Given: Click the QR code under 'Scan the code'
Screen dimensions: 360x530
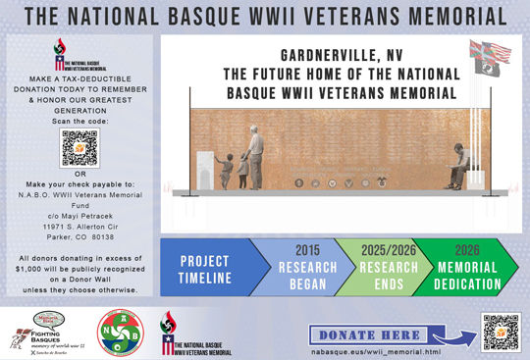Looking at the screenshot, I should click(79, 147).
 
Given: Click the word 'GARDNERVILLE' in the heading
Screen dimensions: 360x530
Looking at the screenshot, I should click(311, 57).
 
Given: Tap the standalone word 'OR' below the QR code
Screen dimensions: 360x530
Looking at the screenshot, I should click(79, 176).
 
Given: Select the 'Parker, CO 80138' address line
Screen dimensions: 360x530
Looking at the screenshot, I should click(79, 237).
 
